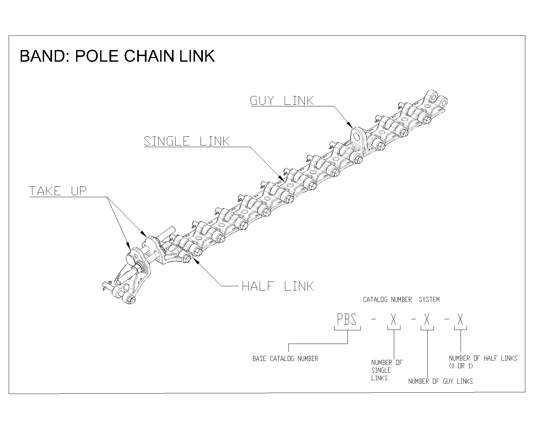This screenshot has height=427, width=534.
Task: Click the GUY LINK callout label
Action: coord(282,100)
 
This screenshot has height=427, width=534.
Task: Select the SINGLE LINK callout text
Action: coord(187,141)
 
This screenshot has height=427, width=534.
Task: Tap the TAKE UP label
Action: coord(58,191)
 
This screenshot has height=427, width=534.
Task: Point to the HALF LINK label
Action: coord(278,286)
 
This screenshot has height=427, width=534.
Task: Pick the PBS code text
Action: coord(347,320)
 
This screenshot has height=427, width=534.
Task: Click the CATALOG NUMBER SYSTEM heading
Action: coord(401,300)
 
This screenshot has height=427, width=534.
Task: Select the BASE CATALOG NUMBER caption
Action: coord(285,359)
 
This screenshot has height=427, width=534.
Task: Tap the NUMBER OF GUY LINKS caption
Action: coord(440,381)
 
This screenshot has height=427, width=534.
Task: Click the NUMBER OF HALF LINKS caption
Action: coord(483,358)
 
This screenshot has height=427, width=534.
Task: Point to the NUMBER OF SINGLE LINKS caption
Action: coord(386,370)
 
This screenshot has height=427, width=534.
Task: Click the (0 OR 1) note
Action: coord(461,366)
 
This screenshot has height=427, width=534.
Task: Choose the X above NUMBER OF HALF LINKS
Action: coord(460,320)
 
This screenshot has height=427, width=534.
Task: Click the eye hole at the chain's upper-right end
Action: coord(434,98)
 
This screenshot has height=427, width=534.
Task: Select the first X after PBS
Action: coord(394,320)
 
